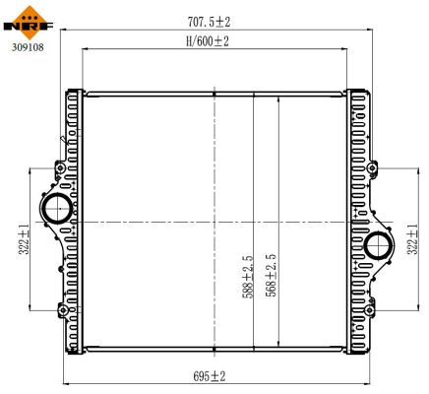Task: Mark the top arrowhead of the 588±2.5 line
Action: pos(255,94)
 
